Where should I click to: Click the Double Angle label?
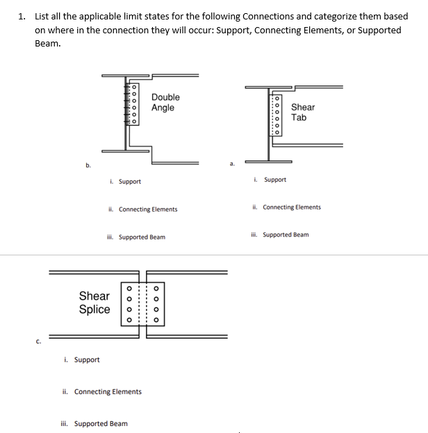165,102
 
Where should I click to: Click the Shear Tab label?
302,112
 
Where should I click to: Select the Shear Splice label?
94,303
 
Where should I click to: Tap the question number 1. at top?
22,16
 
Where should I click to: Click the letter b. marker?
88,165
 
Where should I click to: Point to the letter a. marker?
231,164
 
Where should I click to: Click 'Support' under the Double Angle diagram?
129,182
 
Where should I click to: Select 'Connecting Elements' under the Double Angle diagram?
147,210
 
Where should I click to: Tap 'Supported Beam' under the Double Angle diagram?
142,237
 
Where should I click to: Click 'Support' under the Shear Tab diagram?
274,180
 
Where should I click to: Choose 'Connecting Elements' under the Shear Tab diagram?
291,207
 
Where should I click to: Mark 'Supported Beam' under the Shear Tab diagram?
286,235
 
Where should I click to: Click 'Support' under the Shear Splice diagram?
86,359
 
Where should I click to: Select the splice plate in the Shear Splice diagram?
142,303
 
